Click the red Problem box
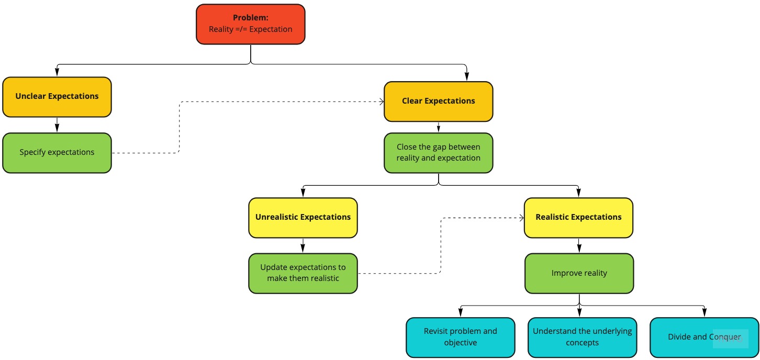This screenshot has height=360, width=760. tap(250, 24)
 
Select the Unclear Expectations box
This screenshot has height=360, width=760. tap(57, 97)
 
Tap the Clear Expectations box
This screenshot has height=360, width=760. tap(438, 101)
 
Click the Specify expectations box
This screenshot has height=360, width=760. tap(57, 153)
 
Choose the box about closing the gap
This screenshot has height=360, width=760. tap(438, 153)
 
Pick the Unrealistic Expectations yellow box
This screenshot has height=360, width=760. tap(303, 217)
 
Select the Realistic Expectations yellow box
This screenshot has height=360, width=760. tap(578, 217)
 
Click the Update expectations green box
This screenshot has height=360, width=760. tap(303, 273)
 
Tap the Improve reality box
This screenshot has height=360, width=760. tap(579, 273)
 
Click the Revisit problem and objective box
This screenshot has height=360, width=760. tap(460, 337)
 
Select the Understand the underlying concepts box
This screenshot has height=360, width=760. tap(582, 337)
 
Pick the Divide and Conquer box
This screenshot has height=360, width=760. tap(704, 337)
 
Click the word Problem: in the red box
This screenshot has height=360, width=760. tap(250, 18)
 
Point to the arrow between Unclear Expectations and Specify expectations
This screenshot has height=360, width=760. tap(57, 125)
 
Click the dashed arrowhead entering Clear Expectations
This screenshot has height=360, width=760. tap(381, 102)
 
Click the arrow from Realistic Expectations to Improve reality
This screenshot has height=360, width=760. tap(578, 245)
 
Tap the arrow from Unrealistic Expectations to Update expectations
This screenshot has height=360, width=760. tap(303, 245)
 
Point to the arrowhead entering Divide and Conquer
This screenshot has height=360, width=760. tap(704, 313)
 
